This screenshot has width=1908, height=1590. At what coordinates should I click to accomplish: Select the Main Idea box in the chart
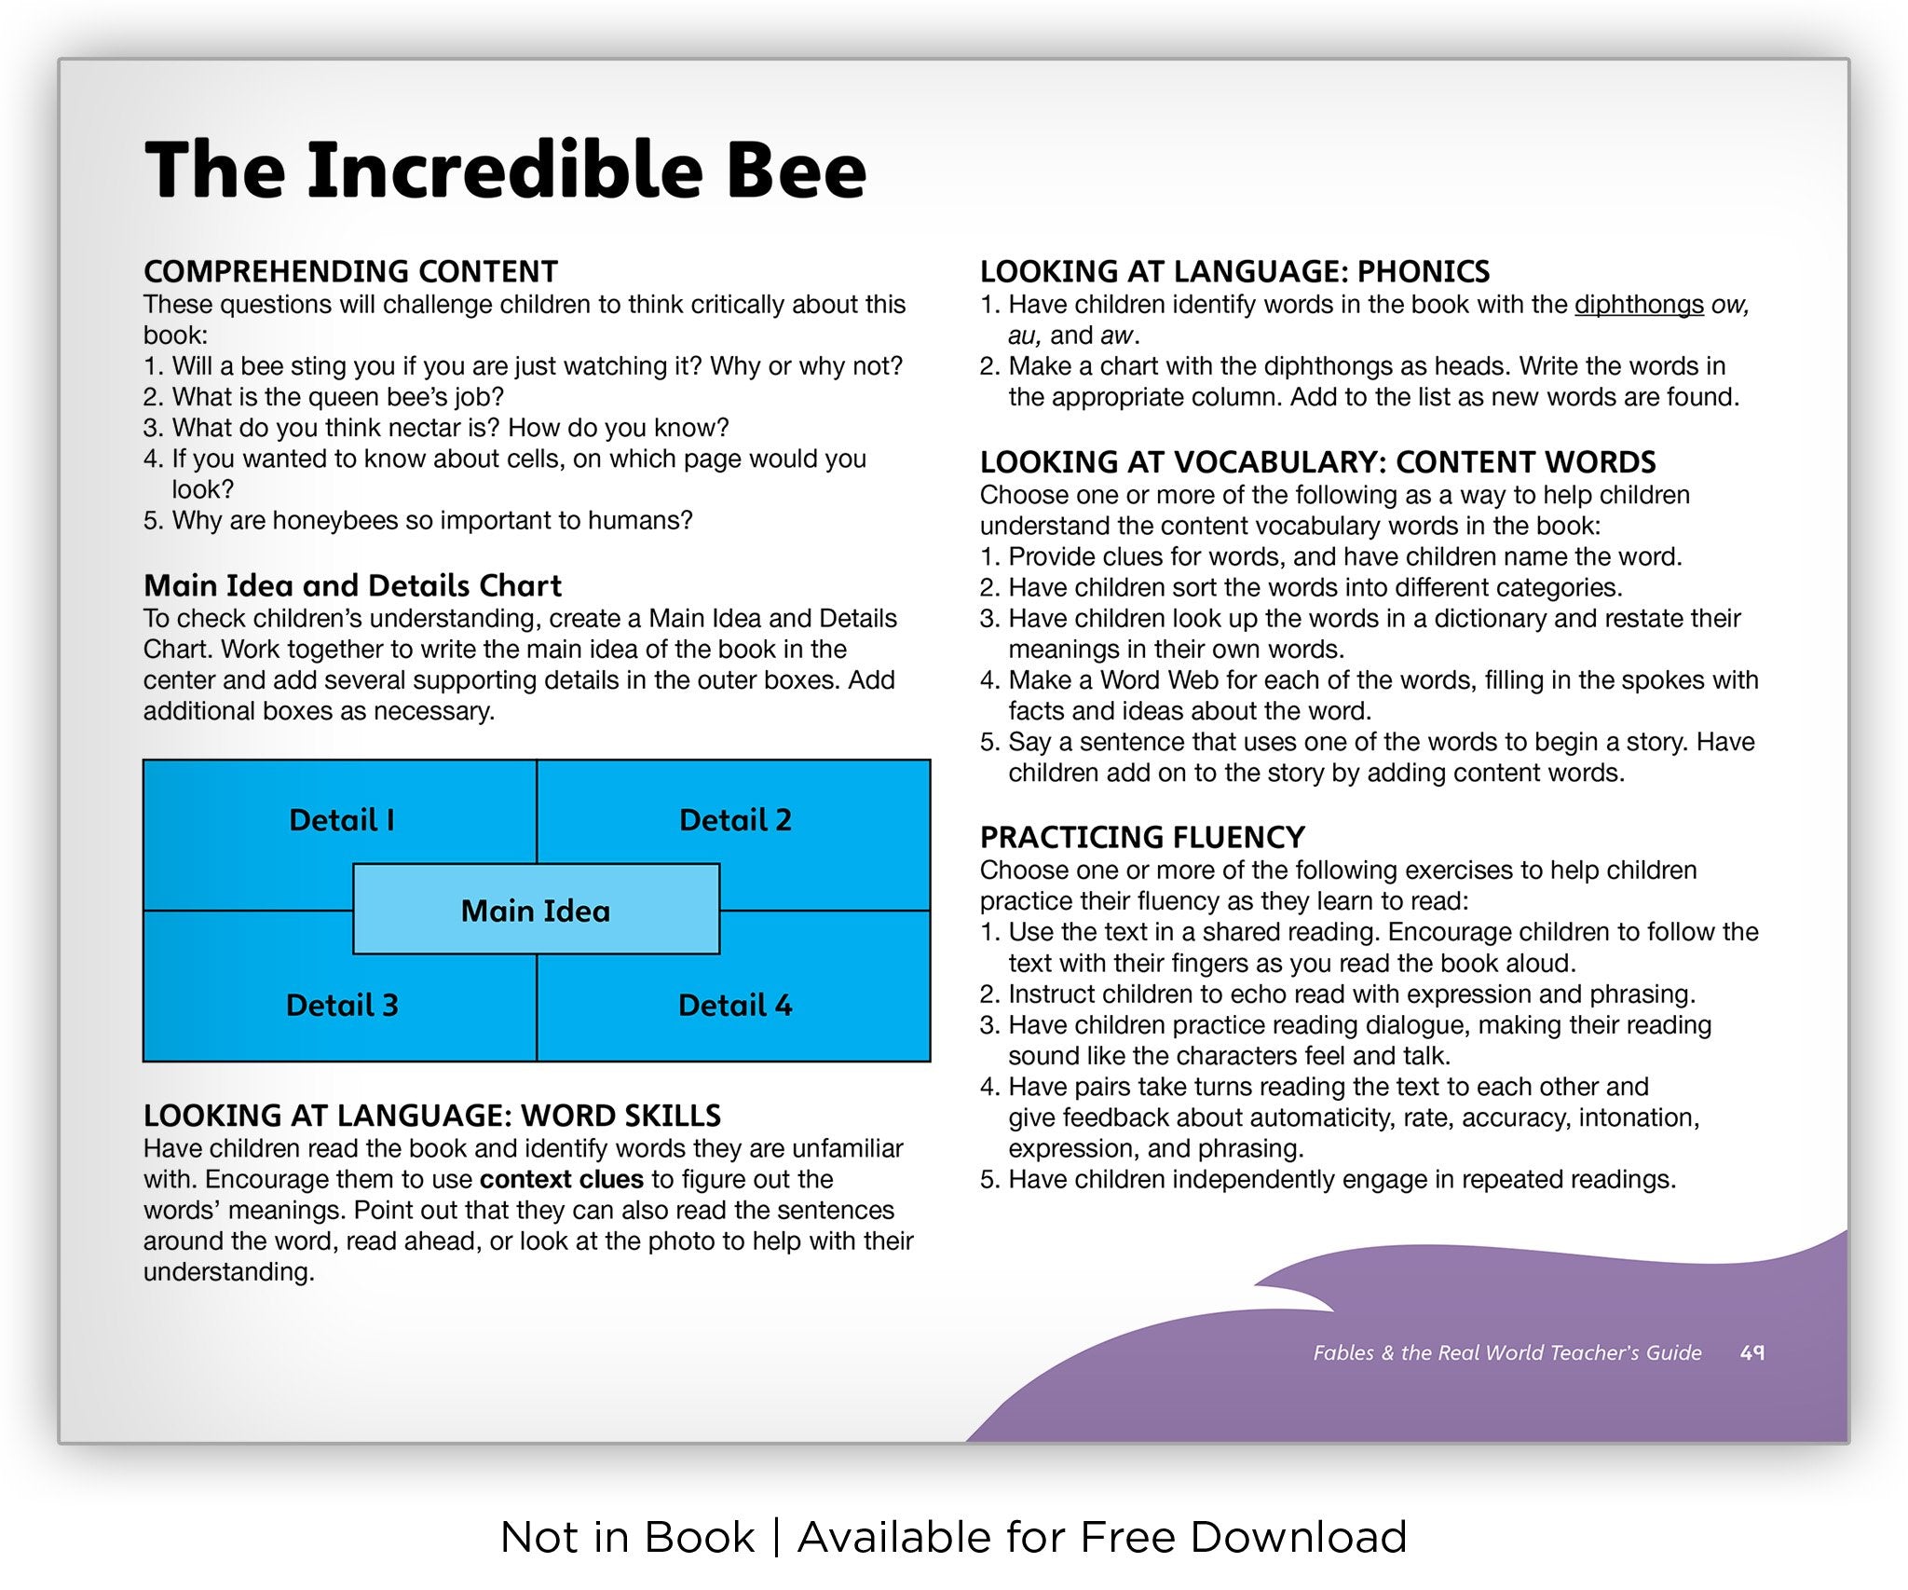click(536, 910)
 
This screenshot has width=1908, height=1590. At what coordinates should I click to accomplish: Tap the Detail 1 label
click(342, 820)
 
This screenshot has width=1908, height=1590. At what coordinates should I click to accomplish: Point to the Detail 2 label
click(735, 820)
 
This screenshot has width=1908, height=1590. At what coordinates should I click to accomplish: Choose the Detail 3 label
click(342, 1005)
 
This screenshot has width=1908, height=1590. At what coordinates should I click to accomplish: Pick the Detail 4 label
click(735, 1005)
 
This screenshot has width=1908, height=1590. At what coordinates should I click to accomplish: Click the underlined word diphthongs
click(1639, 305)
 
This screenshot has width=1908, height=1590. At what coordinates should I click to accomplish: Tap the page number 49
click(1752, 1352)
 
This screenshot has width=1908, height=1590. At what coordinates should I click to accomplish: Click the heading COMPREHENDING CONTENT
click(350, 271)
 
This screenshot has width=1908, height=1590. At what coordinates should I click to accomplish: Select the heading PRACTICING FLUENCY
click(1142, 837)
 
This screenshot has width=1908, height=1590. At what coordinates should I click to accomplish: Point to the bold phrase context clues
click(561, 1179)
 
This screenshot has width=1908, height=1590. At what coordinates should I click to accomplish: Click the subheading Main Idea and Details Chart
click(352, 585)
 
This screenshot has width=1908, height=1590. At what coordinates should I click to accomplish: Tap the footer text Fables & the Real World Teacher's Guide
click(1506, 1352)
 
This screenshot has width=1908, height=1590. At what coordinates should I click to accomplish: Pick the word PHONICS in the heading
click(1423, 271)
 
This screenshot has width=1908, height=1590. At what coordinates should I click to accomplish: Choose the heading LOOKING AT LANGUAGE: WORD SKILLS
click(432, 1116)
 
